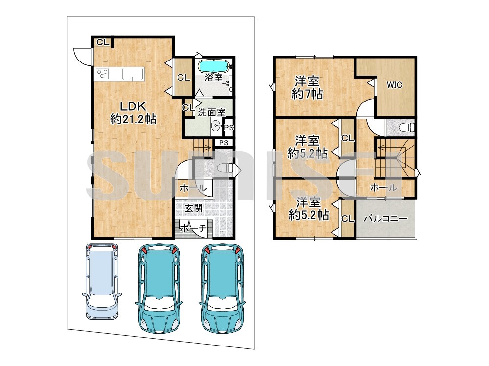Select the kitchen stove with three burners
click(x=102, y=74)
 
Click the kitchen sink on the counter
click(x=133, y=74)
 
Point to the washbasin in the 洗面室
click(x=216, y=126)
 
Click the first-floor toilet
click(x=225, y=168)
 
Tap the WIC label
click(x=394, y=85)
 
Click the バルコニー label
click(x=386, y=219)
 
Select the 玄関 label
click(x=193, y=208)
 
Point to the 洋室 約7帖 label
click(x=307, y=88)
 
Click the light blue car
click(x=102, y=281)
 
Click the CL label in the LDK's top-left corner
click(x=103, y=42)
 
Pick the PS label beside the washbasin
click(x=228, y=127)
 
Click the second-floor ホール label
click(x=383, y=188)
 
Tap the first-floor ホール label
click(x=193, y=188)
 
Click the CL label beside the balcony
click(x=348, y=219)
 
